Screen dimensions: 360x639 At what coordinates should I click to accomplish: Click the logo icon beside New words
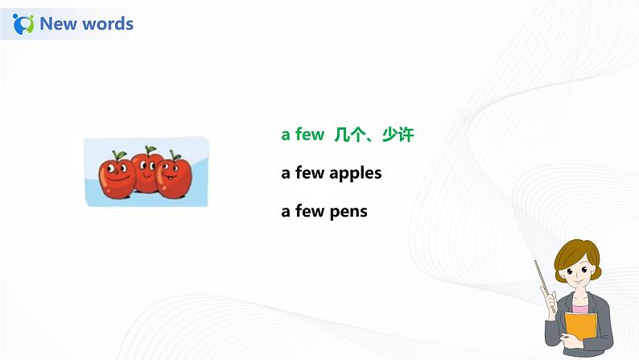point(24,24)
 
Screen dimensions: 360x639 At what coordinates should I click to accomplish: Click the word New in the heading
point(57,24)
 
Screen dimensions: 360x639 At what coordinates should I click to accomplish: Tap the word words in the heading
point(105,24)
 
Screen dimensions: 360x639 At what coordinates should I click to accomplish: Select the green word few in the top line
point(309,134)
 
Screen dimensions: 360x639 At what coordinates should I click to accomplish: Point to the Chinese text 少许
point(398,134)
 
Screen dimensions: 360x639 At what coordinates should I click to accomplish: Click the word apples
point(356,173)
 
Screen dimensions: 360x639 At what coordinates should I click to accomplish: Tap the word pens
point(348,212)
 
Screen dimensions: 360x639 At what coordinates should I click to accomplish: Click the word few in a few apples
point(309,173)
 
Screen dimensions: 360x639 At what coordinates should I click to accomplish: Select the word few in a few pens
point(309,212)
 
